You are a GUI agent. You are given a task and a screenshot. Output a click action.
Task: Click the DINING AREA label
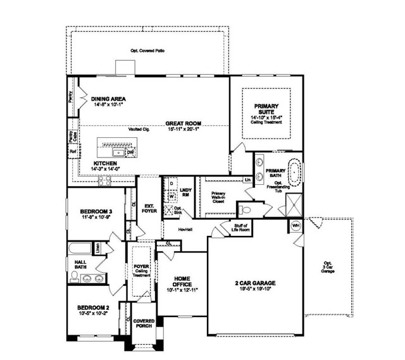pyautogui.click(x=108, y=99)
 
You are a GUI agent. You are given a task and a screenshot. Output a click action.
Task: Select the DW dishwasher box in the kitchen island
pyautogui.click(x=130, y=152)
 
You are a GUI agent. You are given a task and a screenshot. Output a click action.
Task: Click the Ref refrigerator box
pyautogui.click(x=72, y=152)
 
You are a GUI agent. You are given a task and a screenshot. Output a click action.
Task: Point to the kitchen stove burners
pyautogui.click(x=105, y=181)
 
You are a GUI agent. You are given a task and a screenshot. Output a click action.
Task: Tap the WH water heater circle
pyautogui.click(x=296, y=225)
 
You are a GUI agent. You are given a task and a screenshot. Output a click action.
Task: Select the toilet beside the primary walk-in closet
pyautogui.click(x=246, y=209)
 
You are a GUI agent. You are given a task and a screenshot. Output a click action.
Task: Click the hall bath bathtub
pyautogui.click(x=80, y=249)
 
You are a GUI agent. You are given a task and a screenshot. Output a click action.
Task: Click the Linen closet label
pyautogui.click(x=98, y=248)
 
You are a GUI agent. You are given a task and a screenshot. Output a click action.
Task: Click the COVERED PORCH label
pyautogui.click(x=144, y=324)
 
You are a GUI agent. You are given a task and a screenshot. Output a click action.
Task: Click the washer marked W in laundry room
pyautogui.click(x=171, y=196)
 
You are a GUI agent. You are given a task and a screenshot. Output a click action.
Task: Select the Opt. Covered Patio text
pyautogui.click(x=147, y=49)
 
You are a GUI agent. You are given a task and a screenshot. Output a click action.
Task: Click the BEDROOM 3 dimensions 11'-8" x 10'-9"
pyautogui.click(x=96, y=217)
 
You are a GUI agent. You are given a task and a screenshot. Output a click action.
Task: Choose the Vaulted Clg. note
pyautogui.click(x=139, y=129)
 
